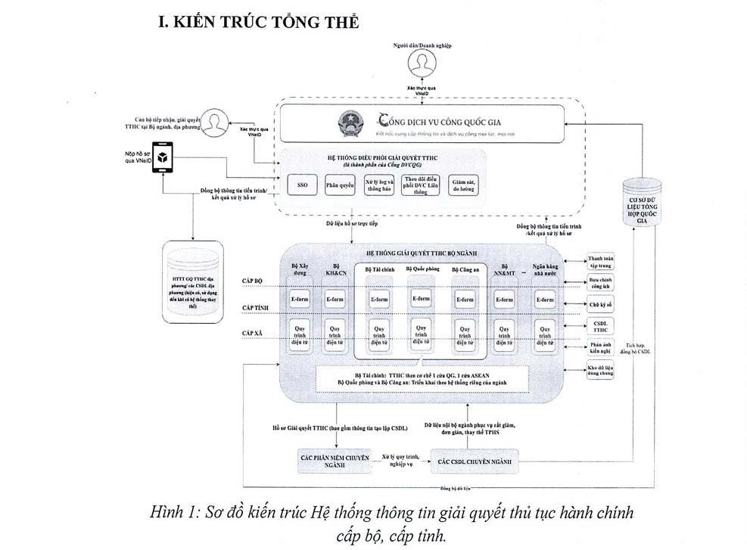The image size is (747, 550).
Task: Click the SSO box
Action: [x=302, y=185]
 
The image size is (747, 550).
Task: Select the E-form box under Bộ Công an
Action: [x=465, y=300]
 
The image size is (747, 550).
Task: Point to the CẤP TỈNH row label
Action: [x=256, y=308]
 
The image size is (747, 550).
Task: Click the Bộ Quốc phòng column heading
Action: [x=422, y=269]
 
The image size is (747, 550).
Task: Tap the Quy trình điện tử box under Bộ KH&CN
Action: [x=336, y=335]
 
